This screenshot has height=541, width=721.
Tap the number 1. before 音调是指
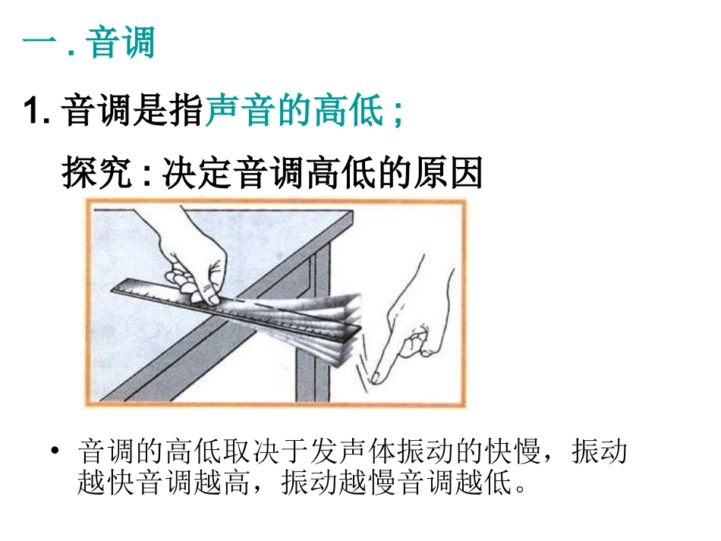click(x=36, y=112)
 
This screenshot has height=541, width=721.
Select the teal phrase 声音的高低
click(x=294, y=112)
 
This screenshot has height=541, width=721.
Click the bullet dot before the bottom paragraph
click(x=54, y=452)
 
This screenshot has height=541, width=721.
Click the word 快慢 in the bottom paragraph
click(x=516, y=452)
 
